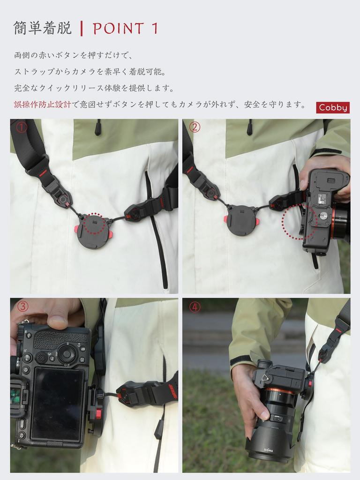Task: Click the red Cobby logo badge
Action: coord(333,107)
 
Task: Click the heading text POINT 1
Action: coord(126,29)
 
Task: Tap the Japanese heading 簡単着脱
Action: coord(43,28)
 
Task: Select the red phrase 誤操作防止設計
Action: coord(42,105)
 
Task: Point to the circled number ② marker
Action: coord(195,127)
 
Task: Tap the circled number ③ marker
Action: coord(22,307)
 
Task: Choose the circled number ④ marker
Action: coord(195,307)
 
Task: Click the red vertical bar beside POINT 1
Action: coord(82,29)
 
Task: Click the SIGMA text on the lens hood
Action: coord(269,450)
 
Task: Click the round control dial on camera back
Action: coord(67,353)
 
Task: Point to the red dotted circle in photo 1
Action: coord(95,223)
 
